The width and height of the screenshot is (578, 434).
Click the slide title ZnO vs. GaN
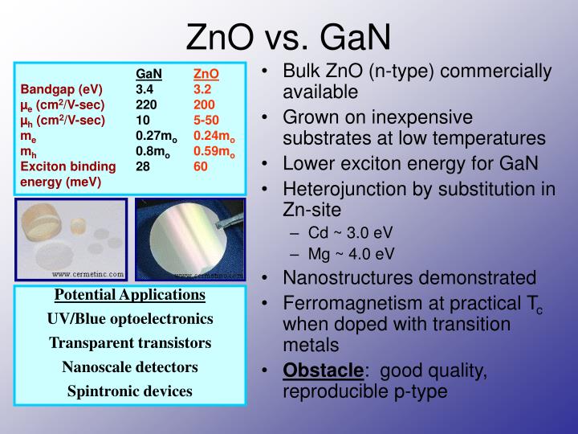point(289,36)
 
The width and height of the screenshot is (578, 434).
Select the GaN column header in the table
point(149,75)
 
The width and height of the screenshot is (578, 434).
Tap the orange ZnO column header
point(206,75)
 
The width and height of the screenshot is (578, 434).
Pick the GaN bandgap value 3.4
point(144,89)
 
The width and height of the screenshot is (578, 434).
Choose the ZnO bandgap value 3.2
point(202,89)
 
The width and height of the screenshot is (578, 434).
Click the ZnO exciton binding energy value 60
point(201,166)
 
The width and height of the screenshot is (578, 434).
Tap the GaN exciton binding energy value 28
point(143,166)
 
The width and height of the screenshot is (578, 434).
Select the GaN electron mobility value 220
point(146,104)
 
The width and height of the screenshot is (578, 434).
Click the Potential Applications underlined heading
point(130,294)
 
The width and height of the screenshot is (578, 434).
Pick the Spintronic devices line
point(130,391)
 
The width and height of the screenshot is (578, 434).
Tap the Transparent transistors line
point(130,343)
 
